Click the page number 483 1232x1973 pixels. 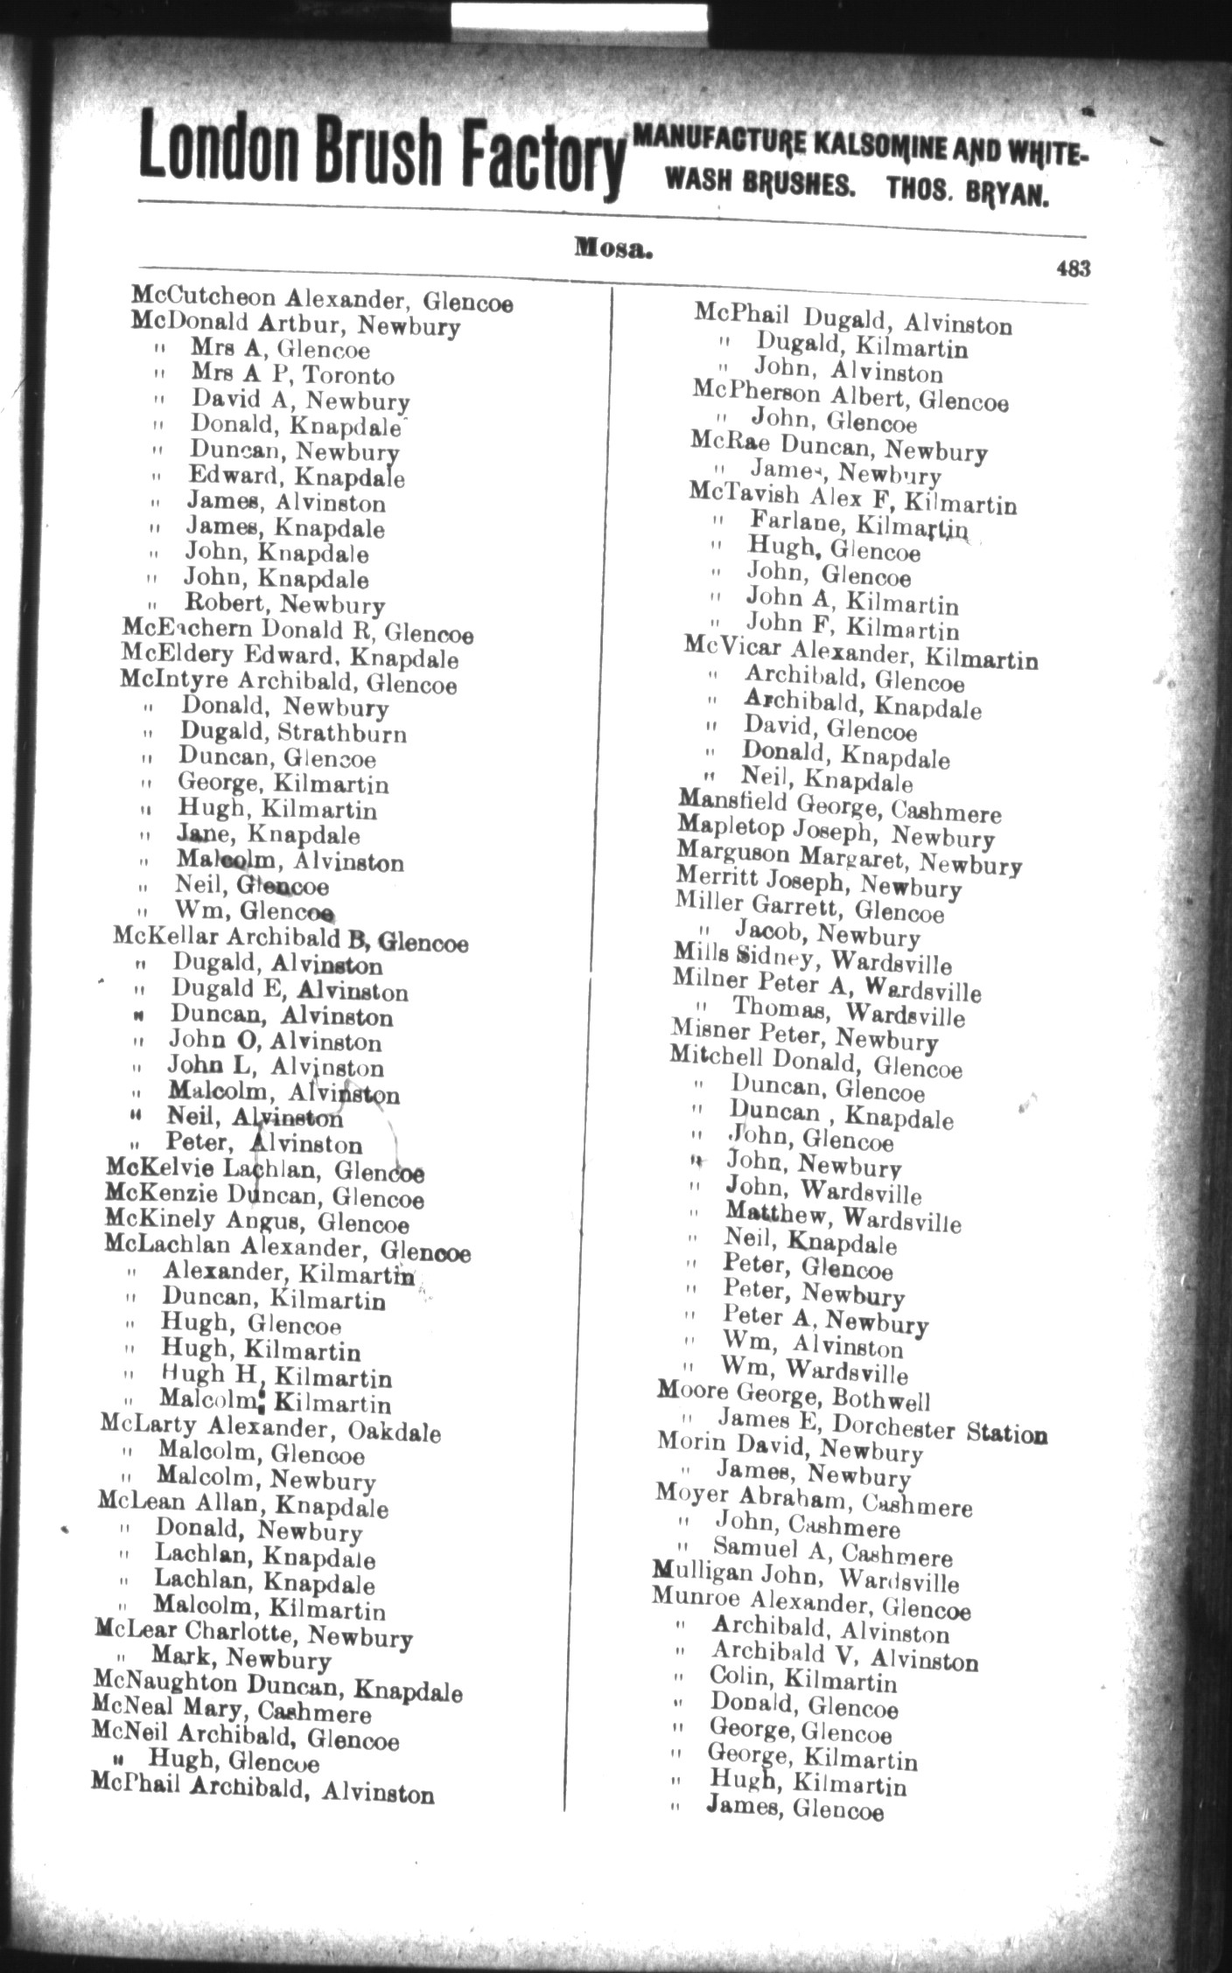point(1073,268)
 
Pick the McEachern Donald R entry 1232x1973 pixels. point(297,631)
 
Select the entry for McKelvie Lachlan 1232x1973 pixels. point(265,1169)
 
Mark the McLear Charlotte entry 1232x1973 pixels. point(253,1635)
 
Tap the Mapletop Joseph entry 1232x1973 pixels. point(835,831)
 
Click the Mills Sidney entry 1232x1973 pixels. point(811,956)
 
